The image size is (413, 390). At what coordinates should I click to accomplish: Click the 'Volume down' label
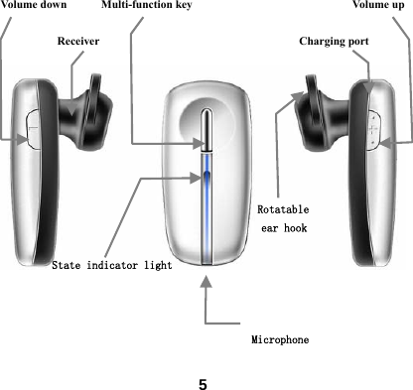coord(34,6)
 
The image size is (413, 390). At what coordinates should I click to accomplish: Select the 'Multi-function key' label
coord(147,6)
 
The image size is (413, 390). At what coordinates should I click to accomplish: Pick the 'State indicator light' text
coord(112,265)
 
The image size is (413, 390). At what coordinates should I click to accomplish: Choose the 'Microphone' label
coord(279,339)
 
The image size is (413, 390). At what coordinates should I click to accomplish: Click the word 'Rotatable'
coord(283,210)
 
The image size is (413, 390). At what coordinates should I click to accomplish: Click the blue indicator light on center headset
coord(206,184)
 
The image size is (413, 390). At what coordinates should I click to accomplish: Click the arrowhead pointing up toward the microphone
coord(206,283)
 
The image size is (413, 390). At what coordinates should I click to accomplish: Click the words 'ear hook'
coord(283,229)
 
